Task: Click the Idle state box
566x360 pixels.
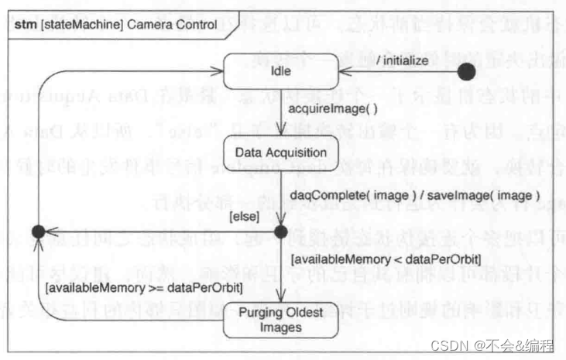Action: coord(280,72)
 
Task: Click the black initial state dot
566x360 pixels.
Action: coord(466,73)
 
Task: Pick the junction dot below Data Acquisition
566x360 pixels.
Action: coord(280,231)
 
